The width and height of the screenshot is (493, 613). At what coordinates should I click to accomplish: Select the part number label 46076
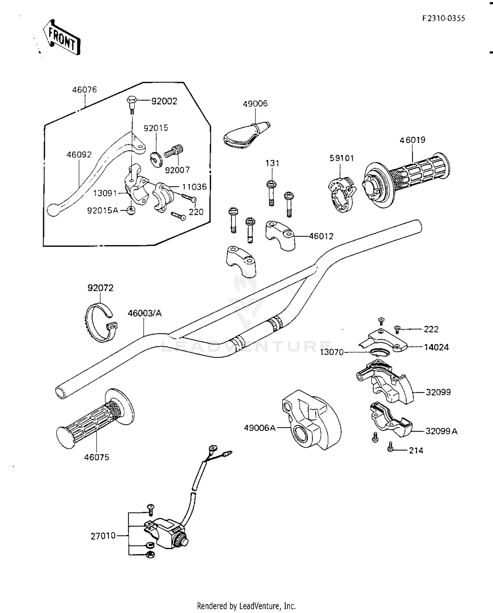[84, 89]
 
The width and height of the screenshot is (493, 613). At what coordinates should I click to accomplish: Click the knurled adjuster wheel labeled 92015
[156, 159]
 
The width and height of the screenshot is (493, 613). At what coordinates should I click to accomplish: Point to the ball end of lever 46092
[53, 210]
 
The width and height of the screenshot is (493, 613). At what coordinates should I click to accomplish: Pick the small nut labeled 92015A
[131, 210]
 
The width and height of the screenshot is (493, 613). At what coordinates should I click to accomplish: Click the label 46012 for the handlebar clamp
[321, 236]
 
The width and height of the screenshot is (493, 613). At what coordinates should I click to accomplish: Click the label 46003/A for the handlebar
[145, 313]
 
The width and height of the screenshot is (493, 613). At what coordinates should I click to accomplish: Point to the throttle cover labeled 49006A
[311, 420]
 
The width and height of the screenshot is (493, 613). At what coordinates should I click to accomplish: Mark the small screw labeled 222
[397, 329]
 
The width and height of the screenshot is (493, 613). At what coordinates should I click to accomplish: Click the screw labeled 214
[390, 447]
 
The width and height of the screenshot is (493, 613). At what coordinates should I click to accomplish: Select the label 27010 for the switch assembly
[103, 536]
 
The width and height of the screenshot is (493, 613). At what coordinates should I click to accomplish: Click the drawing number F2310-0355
[444, 18]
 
